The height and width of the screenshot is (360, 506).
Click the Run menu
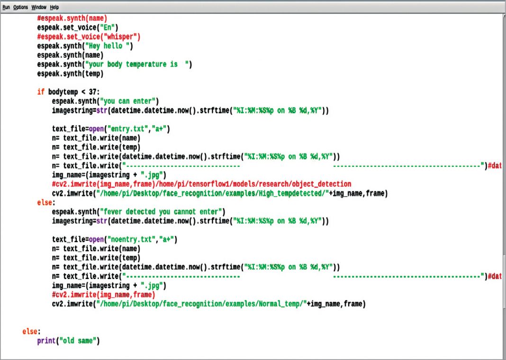coord(6,8)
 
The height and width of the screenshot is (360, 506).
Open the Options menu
coord(20,8)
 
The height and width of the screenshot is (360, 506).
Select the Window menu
coord(39,8)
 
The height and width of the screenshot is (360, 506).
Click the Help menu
coord(54,8)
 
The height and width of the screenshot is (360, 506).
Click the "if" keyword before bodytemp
coord(41,91)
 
